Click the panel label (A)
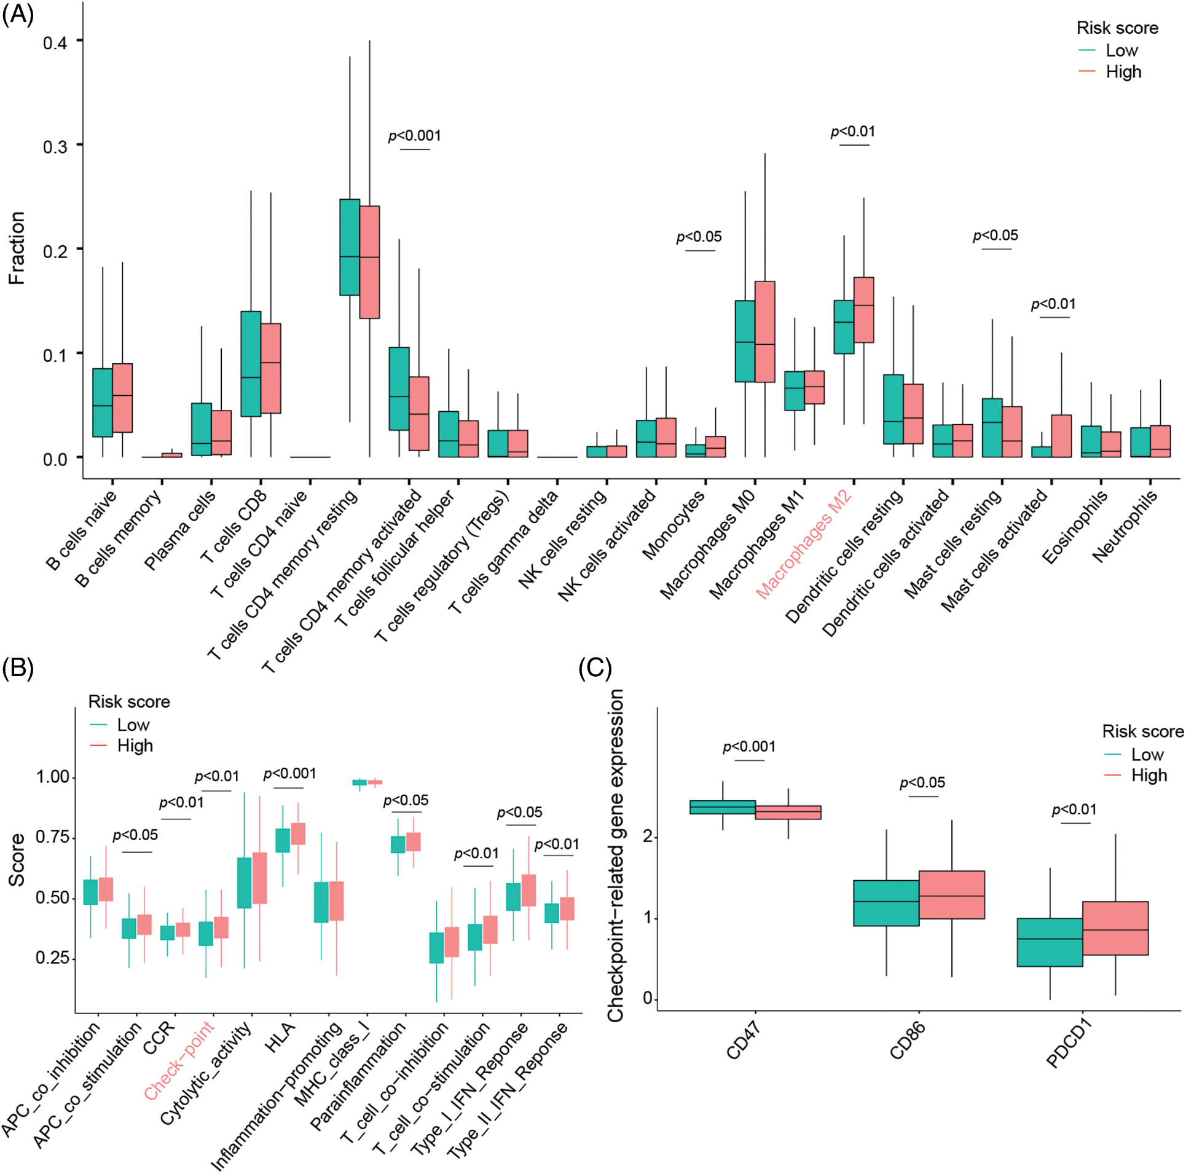click(x=18, y=14)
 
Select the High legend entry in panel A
click(x=1123, y=72)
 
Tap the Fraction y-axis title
click(x=17, y=248)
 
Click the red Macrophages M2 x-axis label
click(x=804, y=543)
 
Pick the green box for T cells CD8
click(x=251, y=364)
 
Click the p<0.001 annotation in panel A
click(x=415, y=136)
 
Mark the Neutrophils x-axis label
click(x=1125, y=526)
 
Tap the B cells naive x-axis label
click(x=81, y=529)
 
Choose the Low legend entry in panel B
click(x=133, y=725)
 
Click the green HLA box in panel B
click(x=283, y=840)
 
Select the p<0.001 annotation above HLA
click(x=289, y=774)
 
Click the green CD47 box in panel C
click(x=723, y=807)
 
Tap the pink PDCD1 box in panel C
click(x=1115, y=928)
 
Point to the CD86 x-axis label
click(x=908, y=1041)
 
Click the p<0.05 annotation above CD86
click(x=922, y=783)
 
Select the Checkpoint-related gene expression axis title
click(x=615, y=856)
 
